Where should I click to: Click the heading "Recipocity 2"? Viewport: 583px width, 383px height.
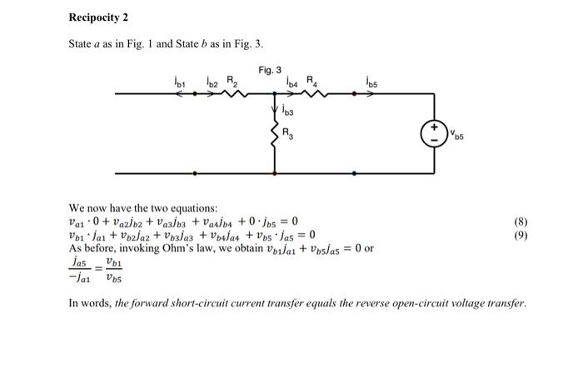(98, 17)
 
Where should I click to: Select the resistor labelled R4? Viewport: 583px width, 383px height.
(316, 94)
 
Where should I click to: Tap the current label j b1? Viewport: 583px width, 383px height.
(178, 82)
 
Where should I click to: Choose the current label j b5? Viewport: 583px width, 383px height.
(371, 82)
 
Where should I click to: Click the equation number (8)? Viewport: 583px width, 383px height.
(522, 223)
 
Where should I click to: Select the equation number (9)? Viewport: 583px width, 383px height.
(522, 236)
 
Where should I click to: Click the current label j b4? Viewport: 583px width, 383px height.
(292, 82)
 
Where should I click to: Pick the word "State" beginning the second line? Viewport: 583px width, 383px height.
(82, 42)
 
